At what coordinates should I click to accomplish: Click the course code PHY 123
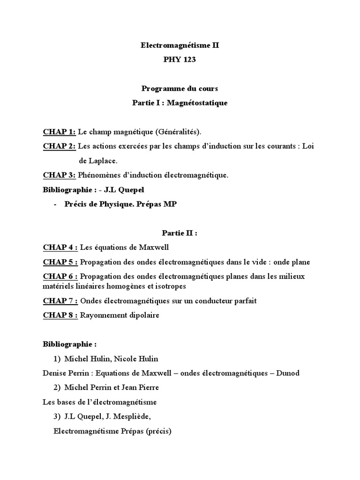pyautogui.click(x=180, y=60)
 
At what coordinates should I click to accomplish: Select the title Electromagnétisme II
pyautogui.click(x=180, y=46)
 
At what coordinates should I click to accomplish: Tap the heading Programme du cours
pyautogui.click(x=180, y=89)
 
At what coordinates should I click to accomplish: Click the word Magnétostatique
pyautogui.click(x=197, y=103)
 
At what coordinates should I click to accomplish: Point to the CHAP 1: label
pyautogui.click(x=59, y=132)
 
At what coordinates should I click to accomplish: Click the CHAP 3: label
pyautogui.click(x=59, y=175)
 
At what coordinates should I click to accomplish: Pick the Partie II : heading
pyautogui.click(x=180, y=233)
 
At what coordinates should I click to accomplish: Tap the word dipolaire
pyautogui.click(x=142, y=315)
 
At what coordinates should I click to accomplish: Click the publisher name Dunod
pyautogui.click(x=289, y=373)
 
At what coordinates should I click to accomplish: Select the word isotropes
pyautogui.click(x=172, y=286)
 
